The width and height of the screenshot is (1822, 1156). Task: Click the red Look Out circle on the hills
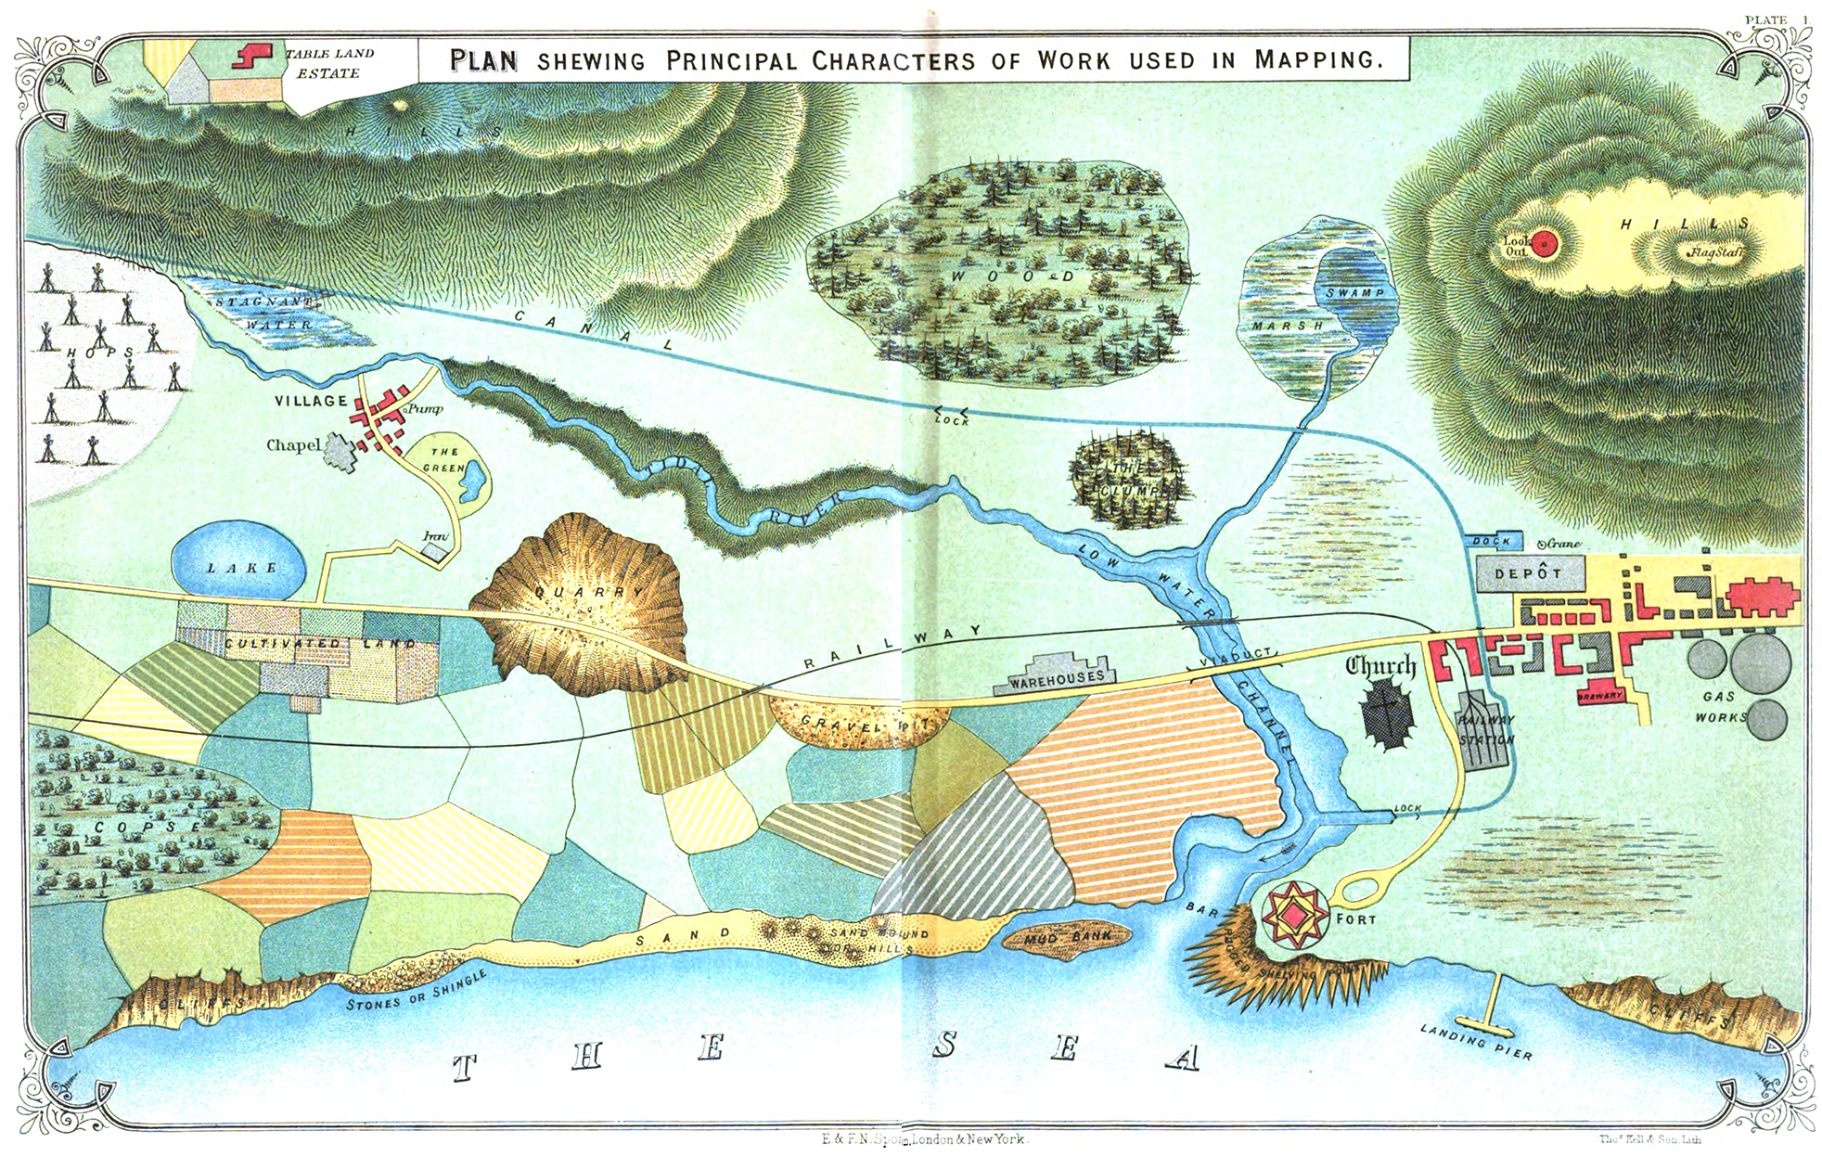point(1542,244)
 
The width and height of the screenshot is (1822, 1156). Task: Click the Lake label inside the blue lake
point(241,568)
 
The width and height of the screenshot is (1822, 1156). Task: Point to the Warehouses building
point(1056,674)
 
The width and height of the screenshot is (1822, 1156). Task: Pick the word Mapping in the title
point(1317,59)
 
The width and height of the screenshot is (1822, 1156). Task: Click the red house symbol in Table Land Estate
point(250,55)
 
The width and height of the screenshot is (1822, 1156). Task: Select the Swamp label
point(1354,293)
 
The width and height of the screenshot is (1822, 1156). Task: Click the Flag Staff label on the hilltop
point(1714,252)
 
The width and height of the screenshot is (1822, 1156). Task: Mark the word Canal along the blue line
point(594,329)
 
